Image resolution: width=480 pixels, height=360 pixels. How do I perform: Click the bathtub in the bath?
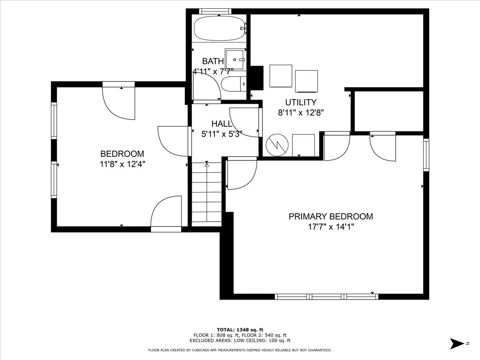tap(219, 29)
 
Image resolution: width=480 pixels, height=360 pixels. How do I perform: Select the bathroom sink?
tap(235, 59)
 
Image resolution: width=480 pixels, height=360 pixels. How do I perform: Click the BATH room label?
tap(213, 61)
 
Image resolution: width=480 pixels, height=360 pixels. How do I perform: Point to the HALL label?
tap(221, 124)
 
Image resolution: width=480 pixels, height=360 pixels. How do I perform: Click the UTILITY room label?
tap(301, 102)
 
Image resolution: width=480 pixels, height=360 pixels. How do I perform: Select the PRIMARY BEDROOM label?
tap(331, 216)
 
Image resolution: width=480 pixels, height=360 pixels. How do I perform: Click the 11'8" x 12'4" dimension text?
tap(122, 164)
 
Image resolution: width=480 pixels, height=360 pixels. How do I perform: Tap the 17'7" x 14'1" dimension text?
tap(331, 227)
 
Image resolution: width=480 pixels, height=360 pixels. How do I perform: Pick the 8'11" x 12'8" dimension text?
tap(301, 113)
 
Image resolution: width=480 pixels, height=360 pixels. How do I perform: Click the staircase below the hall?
tap(207, 194)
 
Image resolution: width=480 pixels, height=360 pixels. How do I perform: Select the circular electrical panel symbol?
tap(277, 145)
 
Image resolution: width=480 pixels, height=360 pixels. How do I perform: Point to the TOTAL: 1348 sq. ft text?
tap(240, 330)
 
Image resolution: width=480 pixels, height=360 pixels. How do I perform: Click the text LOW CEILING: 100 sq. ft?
tap(262, 340)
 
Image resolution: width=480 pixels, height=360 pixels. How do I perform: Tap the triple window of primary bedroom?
tap(326, 297)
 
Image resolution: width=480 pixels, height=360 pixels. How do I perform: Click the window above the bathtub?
tap(215, 11)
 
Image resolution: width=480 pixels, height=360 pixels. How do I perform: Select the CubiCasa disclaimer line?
tap(240, 350)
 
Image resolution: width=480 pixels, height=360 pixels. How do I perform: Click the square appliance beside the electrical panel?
tap(303, 145)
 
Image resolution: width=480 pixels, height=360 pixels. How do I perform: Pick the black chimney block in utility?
tap(257, 78)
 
